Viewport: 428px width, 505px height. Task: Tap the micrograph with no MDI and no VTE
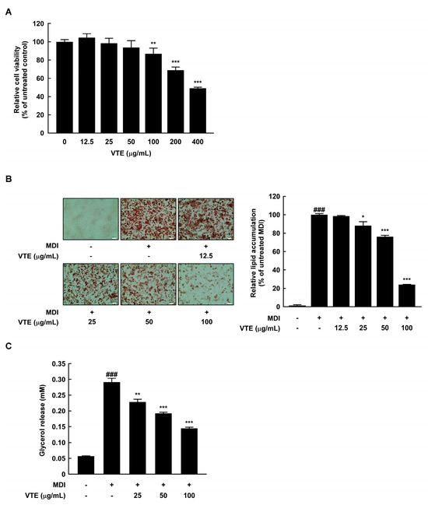click(x=91, y=222)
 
